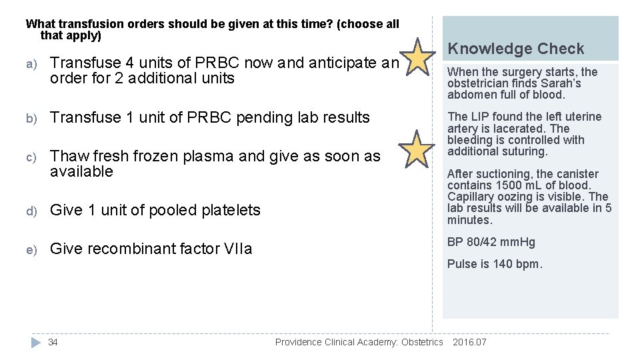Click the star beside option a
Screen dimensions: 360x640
(418, 58)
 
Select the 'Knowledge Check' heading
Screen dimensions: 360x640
(515, 49)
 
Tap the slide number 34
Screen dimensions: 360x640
(53, 342)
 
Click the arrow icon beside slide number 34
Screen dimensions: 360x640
(36, 342)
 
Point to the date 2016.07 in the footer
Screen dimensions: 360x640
(469, 342)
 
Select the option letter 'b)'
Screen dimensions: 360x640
(31, 118)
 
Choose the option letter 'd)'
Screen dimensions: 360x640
(31, 211)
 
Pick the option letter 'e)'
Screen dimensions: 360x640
(31, 249)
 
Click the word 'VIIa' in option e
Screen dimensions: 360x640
(238, 249)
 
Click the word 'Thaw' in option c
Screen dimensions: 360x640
(70, 156)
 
